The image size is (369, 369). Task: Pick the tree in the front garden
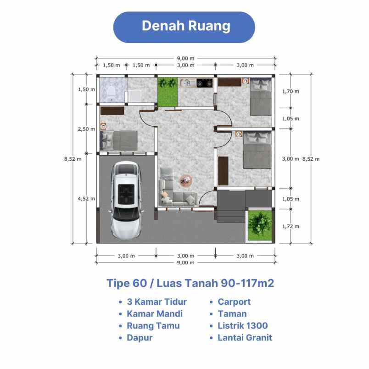(x=258, y=224)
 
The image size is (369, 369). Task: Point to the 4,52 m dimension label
(x=86, y=199)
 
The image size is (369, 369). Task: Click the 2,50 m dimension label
(x=86, y=129)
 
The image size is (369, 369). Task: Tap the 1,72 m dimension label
(x=290, y=226)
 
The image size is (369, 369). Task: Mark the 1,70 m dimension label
(x=290, y=91)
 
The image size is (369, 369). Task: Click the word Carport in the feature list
(x=234, y=302)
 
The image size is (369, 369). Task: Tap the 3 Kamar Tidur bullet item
(x=154, y=302)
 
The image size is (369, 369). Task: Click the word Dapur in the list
(x=140, y=338)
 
